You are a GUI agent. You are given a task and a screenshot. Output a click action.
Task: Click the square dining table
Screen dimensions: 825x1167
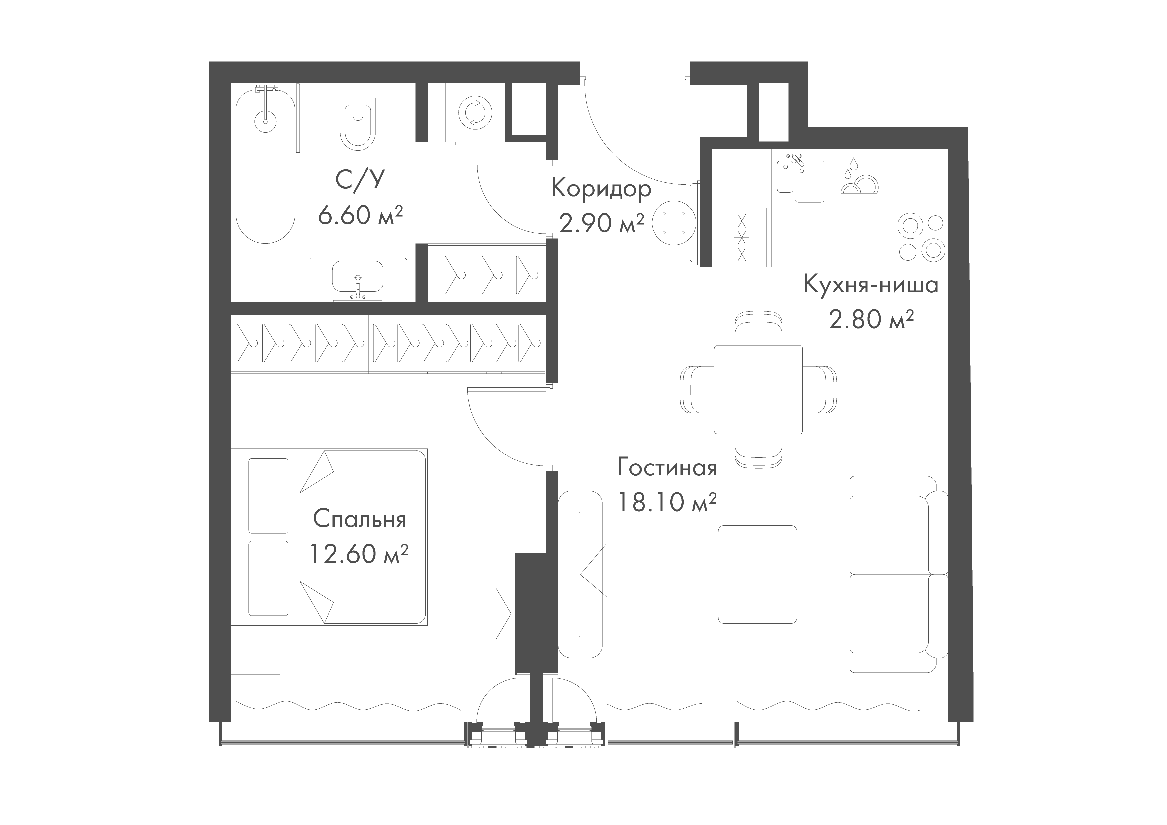point(758,389)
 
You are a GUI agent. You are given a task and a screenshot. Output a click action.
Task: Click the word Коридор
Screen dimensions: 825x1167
point(601,189)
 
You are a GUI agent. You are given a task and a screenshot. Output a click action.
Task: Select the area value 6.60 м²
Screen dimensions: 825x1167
point(360,215)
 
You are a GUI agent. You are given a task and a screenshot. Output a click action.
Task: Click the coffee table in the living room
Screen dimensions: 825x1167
point(757,574)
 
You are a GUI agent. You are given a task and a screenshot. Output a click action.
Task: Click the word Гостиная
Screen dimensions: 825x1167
point(667,468)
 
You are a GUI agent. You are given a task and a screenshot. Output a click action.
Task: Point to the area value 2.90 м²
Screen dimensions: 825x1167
point(601,223)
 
